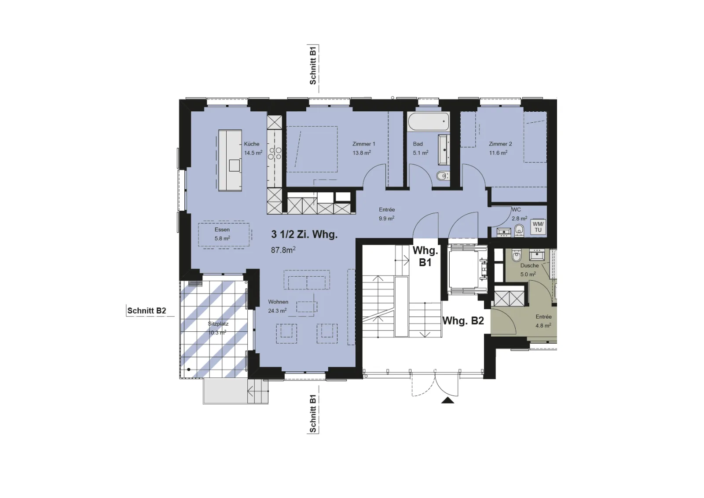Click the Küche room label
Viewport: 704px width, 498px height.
[x=251, y=144]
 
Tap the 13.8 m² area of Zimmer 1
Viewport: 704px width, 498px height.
[x=361, y=153]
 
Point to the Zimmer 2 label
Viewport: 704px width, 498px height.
[x=500, y=144]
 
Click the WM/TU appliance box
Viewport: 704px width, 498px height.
[x=538, y=227]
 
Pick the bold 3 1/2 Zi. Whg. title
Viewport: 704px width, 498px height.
[x=304, y=234]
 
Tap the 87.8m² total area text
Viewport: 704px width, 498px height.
[x=283, y=250]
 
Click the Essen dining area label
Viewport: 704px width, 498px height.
[x=222, y=230]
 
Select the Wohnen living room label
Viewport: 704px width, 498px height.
[x=278, y=302]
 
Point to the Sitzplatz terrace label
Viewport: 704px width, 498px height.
[x=218, y=324]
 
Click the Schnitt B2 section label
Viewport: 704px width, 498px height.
[x=147, y=311]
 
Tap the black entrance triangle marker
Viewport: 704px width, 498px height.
[x=447, y=400]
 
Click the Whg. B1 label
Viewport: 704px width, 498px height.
[x=425, y=256]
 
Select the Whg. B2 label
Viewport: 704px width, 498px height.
[x=463, y=321]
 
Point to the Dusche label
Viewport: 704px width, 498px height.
[x=530, y=265]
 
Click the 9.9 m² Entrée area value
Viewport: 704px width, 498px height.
[x=387, y=218]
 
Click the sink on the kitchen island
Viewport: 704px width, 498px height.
[x=235, y=165]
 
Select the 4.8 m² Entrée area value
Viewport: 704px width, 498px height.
[x=543, y=326]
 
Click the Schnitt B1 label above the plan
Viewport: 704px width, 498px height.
[x=313, y=65]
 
